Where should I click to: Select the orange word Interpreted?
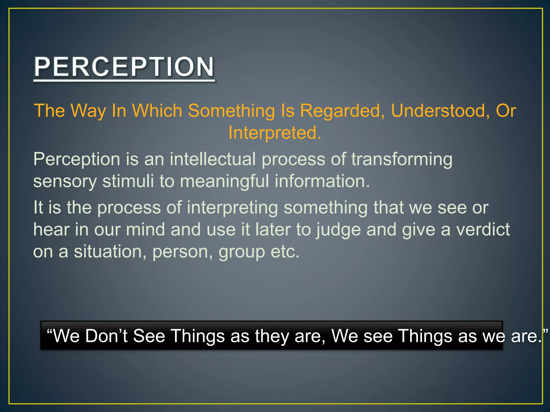pos(274,133)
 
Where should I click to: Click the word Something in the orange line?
pos(231,111)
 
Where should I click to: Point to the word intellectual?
pos(213,159)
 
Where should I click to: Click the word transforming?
pos(402,159)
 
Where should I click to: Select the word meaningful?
pos(224,181)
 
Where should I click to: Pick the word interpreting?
pos(232,208)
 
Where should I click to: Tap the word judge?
pos(338,230)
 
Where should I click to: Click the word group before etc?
pos(242,252)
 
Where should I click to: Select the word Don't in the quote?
pos(106,336)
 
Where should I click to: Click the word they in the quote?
pos(272,336)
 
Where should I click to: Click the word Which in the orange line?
pos(157,111)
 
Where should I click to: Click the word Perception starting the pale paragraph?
pos(77,160)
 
